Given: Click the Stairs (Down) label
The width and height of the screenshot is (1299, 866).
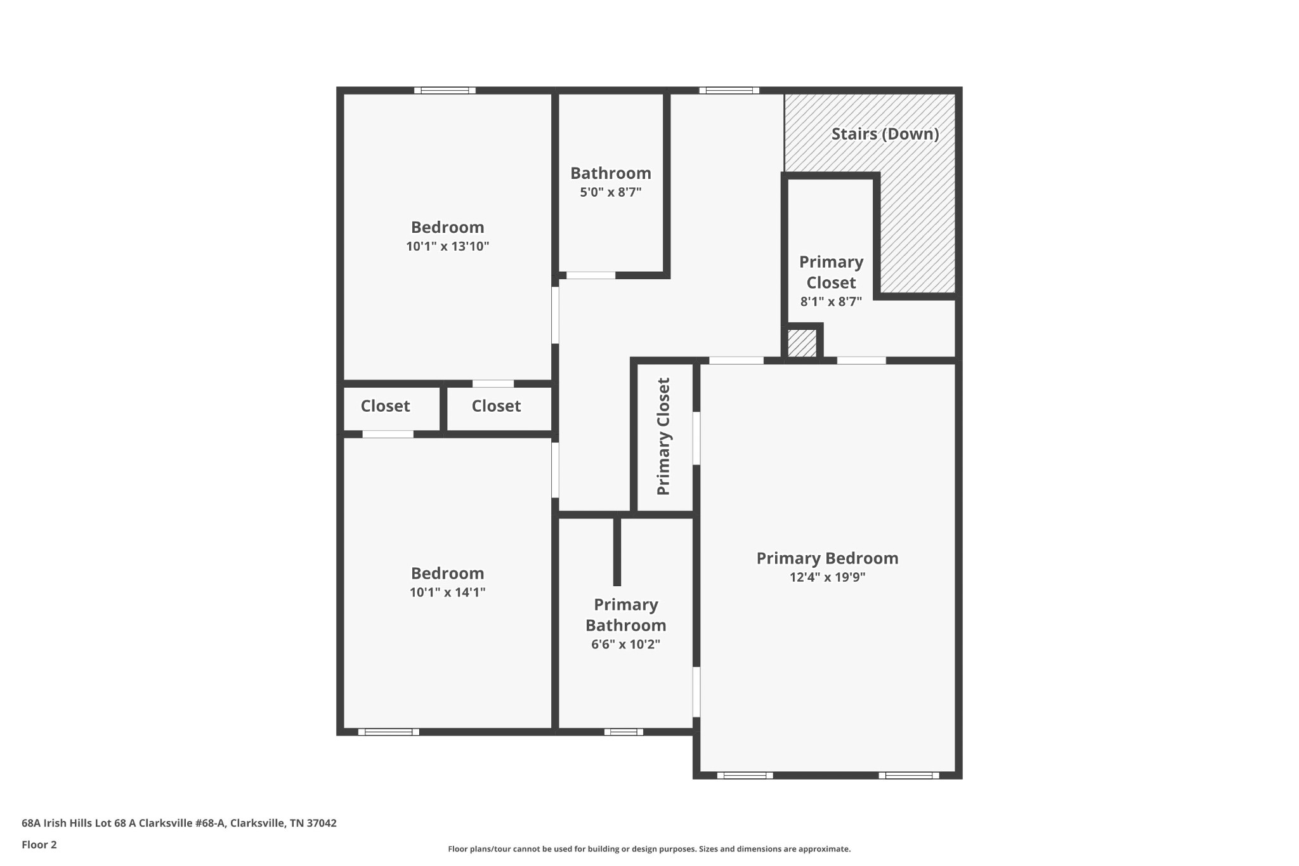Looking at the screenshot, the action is click(x=885, y=134).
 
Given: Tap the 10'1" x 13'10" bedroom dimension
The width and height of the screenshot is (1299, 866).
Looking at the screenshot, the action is click(x=448, y=246).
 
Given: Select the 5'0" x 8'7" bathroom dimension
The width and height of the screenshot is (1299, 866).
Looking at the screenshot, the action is click(x=611, y=192).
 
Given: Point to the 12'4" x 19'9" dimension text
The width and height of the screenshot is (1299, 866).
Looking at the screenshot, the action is click(x=827, y=577).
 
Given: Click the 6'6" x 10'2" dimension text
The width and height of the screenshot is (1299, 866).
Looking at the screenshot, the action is click(x=625, y=645).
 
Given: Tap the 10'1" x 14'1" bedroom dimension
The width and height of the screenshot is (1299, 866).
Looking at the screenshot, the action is click(x=448, y=593).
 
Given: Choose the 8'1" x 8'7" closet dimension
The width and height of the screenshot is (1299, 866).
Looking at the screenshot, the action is click(x=831, y=302).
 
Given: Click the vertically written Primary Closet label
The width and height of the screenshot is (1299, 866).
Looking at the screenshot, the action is click(x=663, y=436).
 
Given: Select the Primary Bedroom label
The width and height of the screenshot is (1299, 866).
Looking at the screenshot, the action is click(x=827, y=558).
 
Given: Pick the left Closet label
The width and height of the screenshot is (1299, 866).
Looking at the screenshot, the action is click(x=385, y=406).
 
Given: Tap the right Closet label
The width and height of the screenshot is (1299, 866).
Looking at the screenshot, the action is click(x=496, y=406).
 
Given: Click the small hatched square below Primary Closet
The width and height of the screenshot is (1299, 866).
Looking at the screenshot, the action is click(x=802, y=343).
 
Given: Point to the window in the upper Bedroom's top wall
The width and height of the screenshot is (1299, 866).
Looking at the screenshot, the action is click(x=445, y=91).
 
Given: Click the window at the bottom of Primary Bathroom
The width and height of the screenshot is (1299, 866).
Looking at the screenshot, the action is click(x=623, y=732).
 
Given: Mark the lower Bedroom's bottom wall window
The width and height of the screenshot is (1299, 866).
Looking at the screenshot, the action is click(x=389, y=732).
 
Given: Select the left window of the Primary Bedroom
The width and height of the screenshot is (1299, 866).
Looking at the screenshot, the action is click(x=745, y=775).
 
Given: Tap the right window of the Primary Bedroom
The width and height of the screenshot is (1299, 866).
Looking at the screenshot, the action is click(x=908, y=775).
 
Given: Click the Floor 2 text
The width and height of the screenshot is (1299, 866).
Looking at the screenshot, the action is click(x=39, y=845).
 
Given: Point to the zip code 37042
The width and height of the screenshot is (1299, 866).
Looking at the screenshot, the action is click(x=322, y=823).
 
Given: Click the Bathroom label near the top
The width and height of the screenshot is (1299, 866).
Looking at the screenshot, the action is click(x=611, y=173).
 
